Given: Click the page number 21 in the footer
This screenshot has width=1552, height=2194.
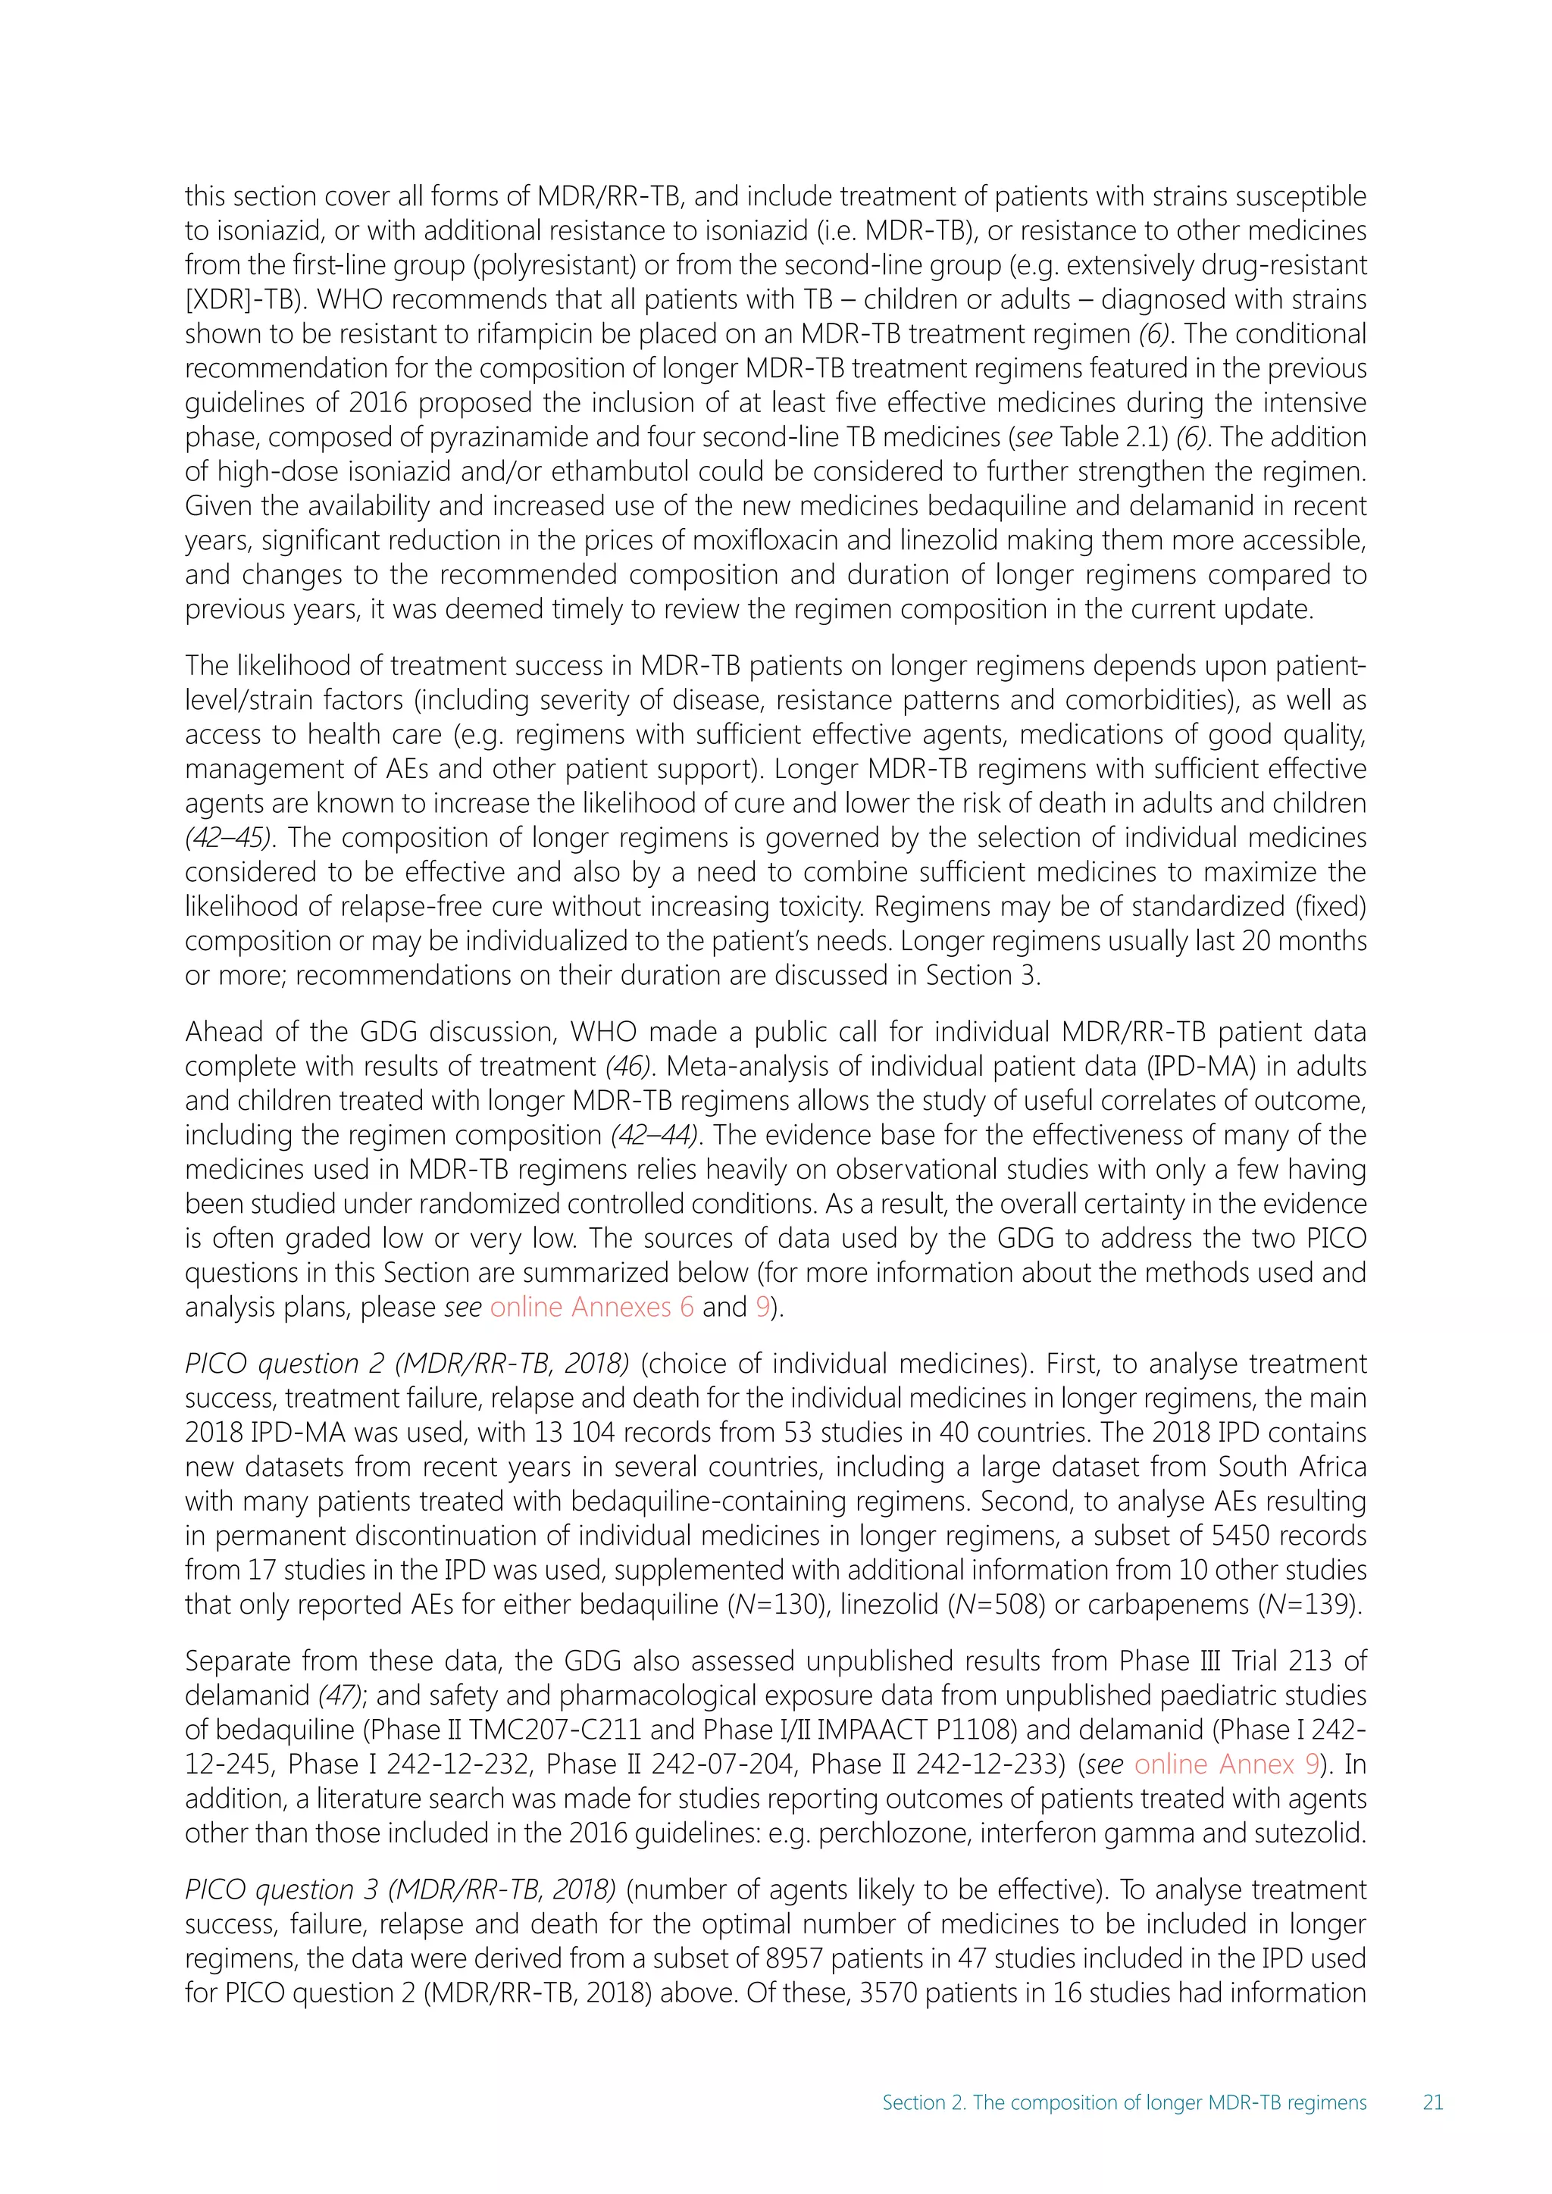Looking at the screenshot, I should click(1432, 2102).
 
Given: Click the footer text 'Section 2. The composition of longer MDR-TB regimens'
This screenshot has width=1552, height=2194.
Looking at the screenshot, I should click(1124, 2102).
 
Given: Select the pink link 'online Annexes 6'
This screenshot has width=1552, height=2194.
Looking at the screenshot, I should click(592, 1307).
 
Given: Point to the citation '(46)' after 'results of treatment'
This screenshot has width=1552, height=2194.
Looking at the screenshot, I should click(628, 1067).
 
